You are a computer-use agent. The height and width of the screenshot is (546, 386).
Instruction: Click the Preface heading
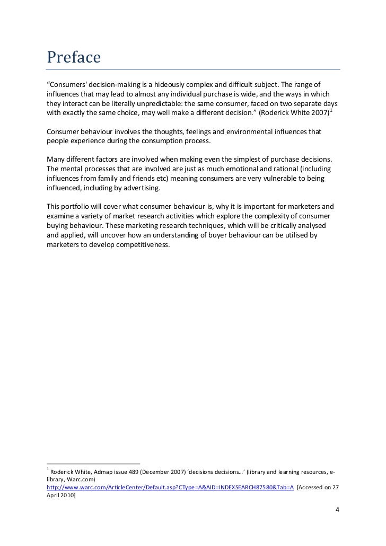(73, 57)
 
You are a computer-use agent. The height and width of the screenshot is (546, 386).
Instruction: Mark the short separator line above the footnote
(93, 463)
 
